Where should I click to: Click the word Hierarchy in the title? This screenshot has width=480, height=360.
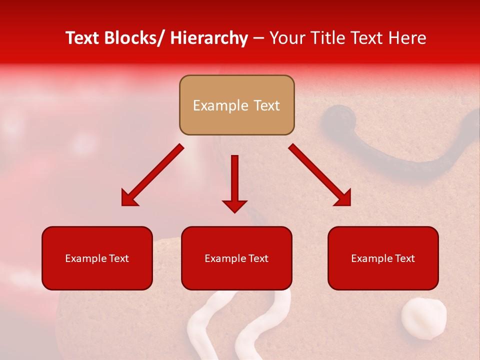(209, 38)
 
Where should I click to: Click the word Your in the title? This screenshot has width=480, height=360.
(284, 38)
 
